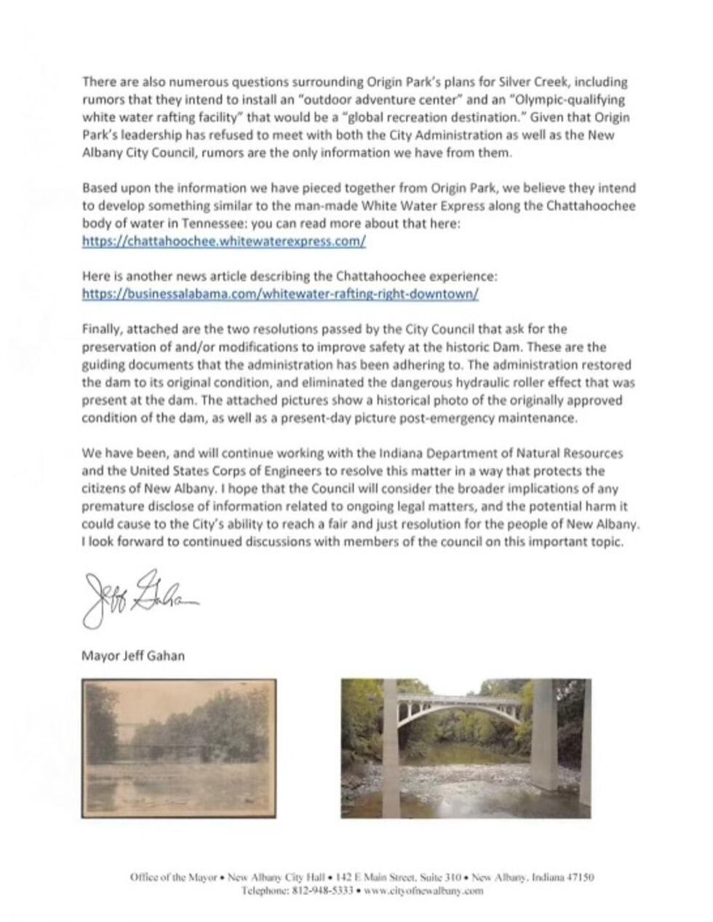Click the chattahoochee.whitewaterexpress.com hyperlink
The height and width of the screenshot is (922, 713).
(223, 242)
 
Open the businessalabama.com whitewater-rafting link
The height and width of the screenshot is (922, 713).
(280, 294)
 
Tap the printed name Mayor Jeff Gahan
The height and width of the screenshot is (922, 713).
(132, 655)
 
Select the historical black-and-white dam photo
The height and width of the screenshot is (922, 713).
(178, 748)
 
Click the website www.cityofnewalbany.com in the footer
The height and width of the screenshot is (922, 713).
(423, 890)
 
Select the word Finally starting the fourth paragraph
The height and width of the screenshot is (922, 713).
(98, 330)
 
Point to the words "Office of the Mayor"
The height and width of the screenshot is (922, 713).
(173, 877)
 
